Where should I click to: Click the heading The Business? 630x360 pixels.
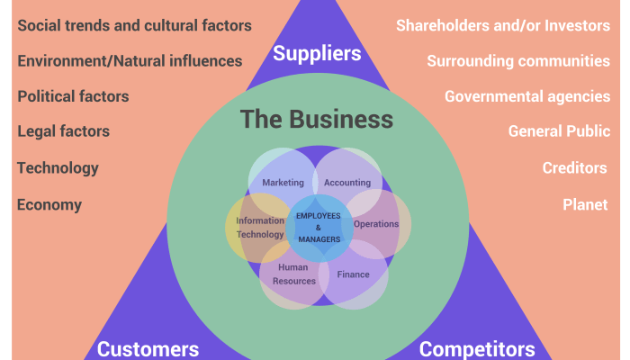pyautogui.click(x=317, y=120)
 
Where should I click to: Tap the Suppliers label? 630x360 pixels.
pyautogui.click(x=317, y=54)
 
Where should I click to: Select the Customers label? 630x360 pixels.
pyautogui.click(x=148, y=348)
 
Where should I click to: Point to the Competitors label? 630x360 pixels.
pyautogui.click(x=477, y=348)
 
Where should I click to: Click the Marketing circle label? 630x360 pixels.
pyautogui.click(x=283, y=183)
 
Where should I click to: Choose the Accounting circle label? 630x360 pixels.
pyautogui.click(x=346, y=183)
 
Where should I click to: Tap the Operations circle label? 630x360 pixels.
pyautogui.click(x=376, y=224)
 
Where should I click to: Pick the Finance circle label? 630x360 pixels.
pyautogui.click(x=353, y=274)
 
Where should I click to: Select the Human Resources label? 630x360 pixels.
pyautogui.click(x=297, y=274)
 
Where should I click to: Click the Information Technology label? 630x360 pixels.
pyautogui.click(x=260, y=227)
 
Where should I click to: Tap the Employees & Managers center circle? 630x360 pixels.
pyautogui.click(x=319, y=228)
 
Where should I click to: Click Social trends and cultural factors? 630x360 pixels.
pyautogui.click(x=135, y=25)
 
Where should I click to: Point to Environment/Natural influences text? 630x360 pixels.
pyautogui.click(x=130, y=61)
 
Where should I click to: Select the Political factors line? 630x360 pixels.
pyautogui.click(x=73, y=95)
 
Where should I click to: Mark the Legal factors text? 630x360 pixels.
pyautogui.click(x=63, y=131)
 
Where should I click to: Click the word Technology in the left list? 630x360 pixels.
pyautogui.click(x=58, y=167)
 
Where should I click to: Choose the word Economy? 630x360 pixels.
pyautogui.click(x=49, y=204)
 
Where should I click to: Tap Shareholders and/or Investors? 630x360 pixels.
pyautogui.click(x=503, y=25)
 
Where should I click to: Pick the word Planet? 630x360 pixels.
pyautogui.click(x=586, y=204)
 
